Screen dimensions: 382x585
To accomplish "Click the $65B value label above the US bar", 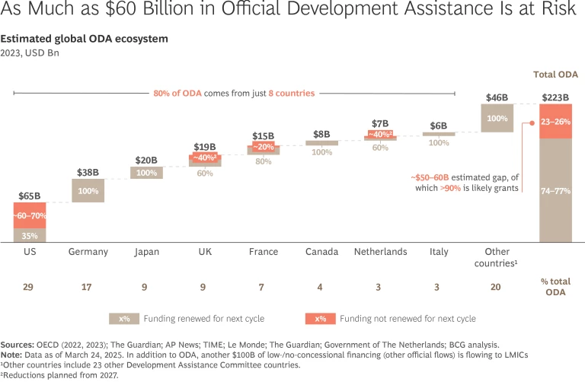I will [x=30, y=196].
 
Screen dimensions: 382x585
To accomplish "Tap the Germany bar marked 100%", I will [x=88, y=191].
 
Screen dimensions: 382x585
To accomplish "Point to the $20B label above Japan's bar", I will [x=146, y=161].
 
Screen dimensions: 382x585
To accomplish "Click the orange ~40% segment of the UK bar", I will [x=205, y=158].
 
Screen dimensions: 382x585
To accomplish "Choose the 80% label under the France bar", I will [x=264, y=161].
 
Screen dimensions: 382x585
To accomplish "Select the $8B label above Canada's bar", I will [x=321, y=134].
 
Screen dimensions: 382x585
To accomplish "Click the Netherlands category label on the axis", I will [x=380, y=252].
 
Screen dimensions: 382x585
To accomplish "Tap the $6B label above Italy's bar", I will [x=439, y=126].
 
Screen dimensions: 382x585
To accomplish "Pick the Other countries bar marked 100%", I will [x=497, y=118].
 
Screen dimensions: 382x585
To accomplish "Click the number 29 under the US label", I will [x=30, y=288].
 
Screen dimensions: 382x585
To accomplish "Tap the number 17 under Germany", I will [x=88, y=288].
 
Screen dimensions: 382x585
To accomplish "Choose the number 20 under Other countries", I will [x=497, y=288].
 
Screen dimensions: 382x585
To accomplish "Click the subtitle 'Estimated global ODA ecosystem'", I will [x=85, y=38].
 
